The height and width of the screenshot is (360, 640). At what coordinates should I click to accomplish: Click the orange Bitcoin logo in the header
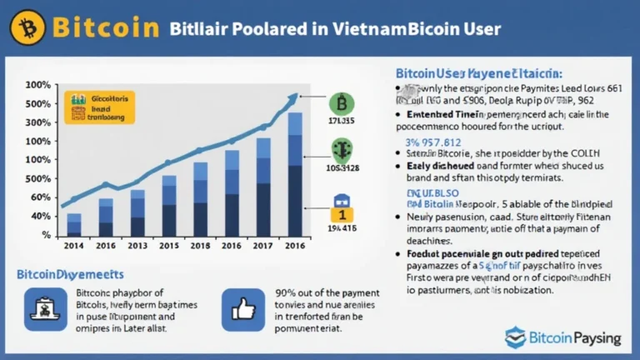(28, 27)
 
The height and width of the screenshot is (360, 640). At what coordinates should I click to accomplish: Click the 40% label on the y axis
(39, 216)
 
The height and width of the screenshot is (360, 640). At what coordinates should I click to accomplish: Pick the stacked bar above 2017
(263, 187)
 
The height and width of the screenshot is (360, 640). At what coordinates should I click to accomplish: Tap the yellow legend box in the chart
(100, 107)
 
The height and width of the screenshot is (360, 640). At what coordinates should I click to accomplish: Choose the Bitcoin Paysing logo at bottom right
(563, 337)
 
